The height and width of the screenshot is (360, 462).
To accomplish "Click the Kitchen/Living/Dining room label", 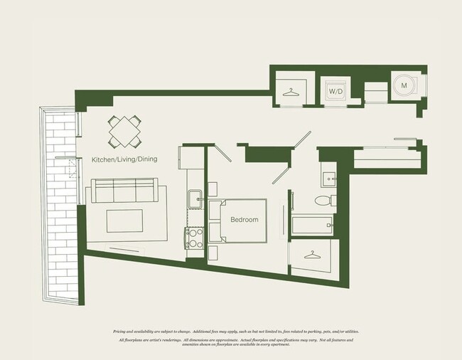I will tap(124, 160).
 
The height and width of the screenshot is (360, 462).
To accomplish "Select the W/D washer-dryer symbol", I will tap(334, 91).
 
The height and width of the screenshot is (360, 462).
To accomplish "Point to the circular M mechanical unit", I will tap(404, 85).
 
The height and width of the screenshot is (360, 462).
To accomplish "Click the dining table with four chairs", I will tap(125, 131).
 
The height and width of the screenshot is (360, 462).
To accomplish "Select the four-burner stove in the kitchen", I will tap(195, 238).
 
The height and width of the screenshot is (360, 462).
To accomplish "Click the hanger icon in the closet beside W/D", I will tap(290, 92).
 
